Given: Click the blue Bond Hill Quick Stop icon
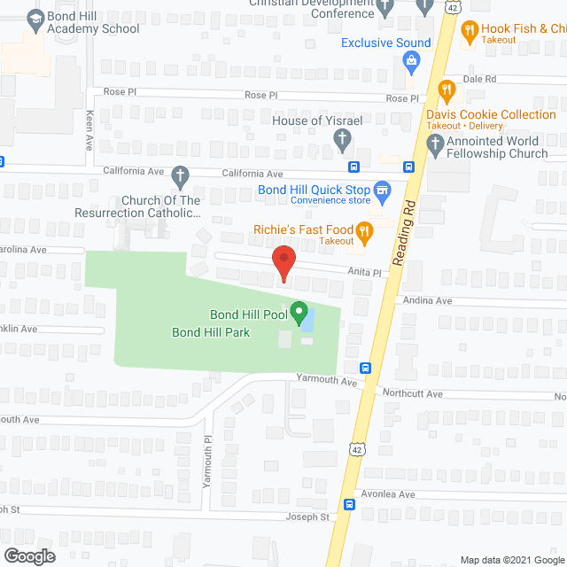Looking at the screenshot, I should click(x=382, y=189).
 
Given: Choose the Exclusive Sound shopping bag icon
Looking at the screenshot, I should click(x=410, y=59).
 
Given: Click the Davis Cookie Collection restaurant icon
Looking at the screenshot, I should click(x=447, y=89).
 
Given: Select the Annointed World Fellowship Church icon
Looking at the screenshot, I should click(x=434, y=147).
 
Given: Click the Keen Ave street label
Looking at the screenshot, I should click(x=89, y=124).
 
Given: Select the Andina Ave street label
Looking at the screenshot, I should click(x=427, y=301).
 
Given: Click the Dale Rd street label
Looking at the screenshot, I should click(x=478, y=79).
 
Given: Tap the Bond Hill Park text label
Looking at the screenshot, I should click(x=211, y=332).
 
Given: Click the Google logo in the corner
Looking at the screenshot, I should click(x=28, y=555).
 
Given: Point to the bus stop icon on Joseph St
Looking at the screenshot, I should click(x=350, y=506).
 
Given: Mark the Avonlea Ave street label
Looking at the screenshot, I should click(x=387, y=494).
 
